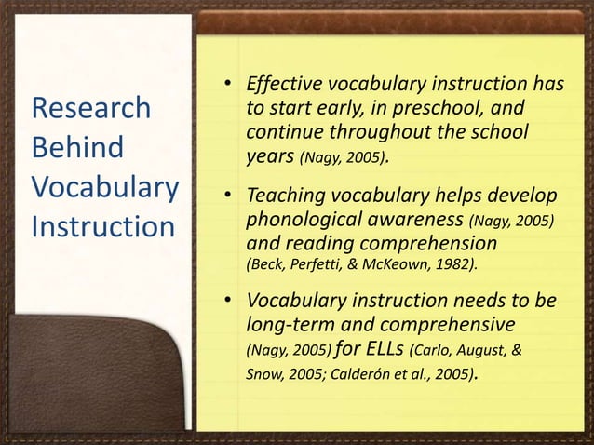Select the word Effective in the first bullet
coord(282,88)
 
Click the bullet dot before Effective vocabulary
coord(226,88)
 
